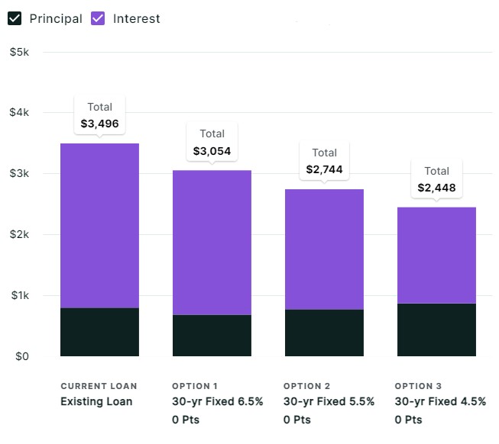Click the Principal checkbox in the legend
[15, 18]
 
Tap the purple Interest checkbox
[98, 18]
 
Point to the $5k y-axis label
[18, 52]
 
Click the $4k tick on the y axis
[18, 112]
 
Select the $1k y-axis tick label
[18, 295]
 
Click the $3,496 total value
[99, 123]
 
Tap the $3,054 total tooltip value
[212, 151]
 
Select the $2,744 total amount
[324, 169]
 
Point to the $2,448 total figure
[436, 188]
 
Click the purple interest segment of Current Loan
[99, 225]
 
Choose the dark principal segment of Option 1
[212, 336]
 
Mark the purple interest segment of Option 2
[324, 249]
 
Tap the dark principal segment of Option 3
[436, 330]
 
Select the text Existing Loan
[96, 401]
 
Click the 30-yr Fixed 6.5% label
[217, 401]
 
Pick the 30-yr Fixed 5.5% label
[329, 401]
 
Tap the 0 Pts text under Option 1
[186, 420]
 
